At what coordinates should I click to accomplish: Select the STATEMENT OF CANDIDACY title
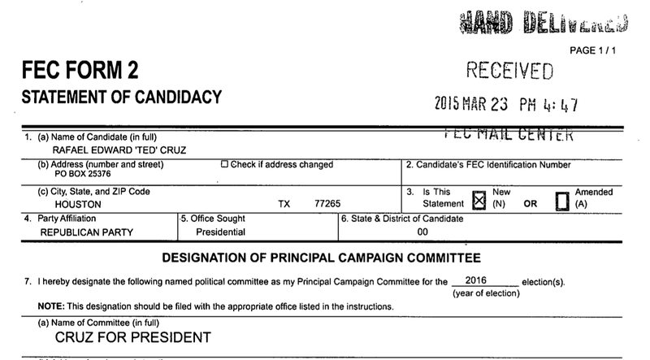(121, 98)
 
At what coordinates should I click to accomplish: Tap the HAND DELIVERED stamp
(543, 24)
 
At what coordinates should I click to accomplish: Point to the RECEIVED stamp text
(510, 72)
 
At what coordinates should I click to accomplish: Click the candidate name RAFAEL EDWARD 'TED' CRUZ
(98, 150)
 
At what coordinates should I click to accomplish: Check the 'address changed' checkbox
(225, 165)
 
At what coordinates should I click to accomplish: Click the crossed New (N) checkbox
(479, 198)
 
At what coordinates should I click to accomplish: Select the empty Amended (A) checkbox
(560, 198)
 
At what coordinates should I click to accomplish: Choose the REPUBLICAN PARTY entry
(87, 232)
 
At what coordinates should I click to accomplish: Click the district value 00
(422, 232)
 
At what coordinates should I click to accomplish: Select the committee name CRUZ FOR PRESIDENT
(132, 336)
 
